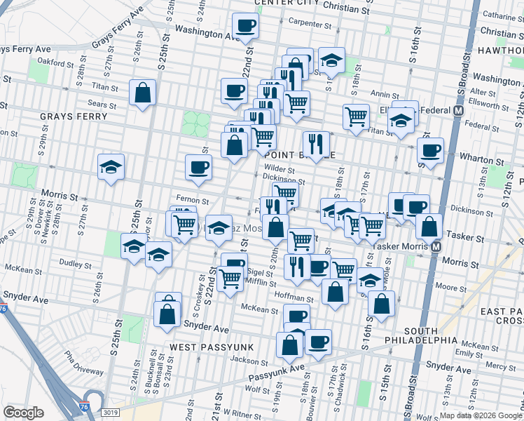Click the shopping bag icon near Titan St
point(143,93)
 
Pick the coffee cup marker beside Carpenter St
point(246,27)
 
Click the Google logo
point(23,412)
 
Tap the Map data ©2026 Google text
point(481,415)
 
